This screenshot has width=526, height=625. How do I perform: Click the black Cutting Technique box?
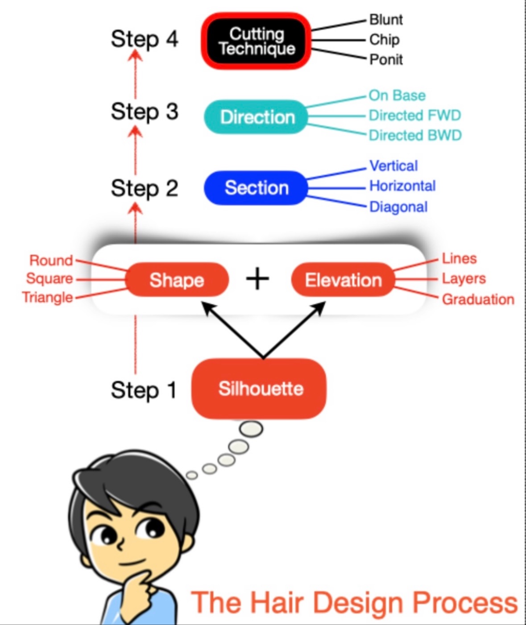[x=256, y=41]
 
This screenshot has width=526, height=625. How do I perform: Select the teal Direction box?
[x=257, y=117]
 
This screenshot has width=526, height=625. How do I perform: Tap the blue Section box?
[x=256, y=188]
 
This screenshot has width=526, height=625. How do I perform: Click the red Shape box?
[x=177, y=280]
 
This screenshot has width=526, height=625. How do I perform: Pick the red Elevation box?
[x=343, y=280]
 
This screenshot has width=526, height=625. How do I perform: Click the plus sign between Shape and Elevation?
[x=257, y=280]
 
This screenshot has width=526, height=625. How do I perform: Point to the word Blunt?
[x=386, y=20]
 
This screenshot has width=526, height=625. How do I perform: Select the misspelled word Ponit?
[x=386, y=59]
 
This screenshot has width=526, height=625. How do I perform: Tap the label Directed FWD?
[x=414, y=115]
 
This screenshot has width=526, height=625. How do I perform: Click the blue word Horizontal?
[x=402, y=186]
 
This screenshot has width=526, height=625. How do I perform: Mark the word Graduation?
[x=478, y=299]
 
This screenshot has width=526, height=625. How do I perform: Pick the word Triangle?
[x=47, y=298]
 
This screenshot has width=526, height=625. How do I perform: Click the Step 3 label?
[x=144, y=112]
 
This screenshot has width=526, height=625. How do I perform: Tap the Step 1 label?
[x=144, y=390]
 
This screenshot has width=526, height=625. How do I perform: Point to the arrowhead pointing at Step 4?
[x=136, y=56]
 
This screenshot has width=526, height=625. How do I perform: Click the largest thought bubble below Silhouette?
[x=251, y=429]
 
